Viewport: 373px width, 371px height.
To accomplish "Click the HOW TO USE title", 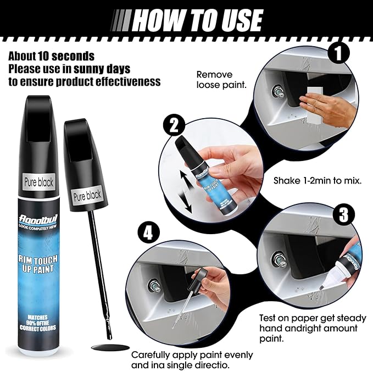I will tap(197, 20).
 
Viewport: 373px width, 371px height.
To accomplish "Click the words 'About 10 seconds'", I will tap(51, 57).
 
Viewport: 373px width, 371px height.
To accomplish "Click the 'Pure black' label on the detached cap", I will tap(88, 194).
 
